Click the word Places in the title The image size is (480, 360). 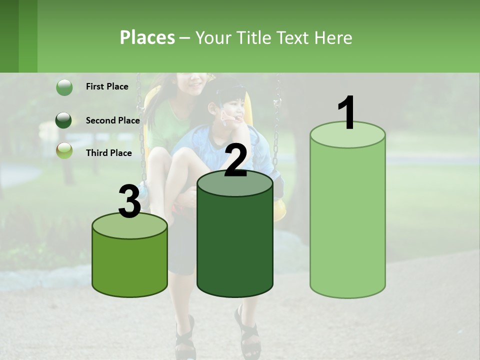click(x=147, y=37)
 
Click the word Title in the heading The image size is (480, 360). click(x=253, y=37)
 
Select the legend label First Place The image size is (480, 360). click(x=107, y=86)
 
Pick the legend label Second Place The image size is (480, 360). click(x=112, y=120)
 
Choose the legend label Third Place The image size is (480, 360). click(x=108, y=153)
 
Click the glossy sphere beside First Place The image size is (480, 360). click(x=64, y=87)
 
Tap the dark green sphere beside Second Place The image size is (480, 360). click(x=64, y=120)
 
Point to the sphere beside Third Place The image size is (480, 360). click(x=64, y=150)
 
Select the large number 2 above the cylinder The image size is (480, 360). click(x=235, y=161)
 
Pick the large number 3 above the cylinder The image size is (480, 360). click(x=129, y=202)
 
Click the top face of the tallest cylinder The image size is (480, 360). click(x=347, y=135)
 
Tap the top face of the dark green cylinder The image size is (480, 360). click(x=235, y=183)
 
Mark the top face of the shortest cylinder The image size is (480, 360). click(x=130, y=225)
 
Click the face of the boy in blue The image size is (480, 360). click(x=233, y=110)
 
